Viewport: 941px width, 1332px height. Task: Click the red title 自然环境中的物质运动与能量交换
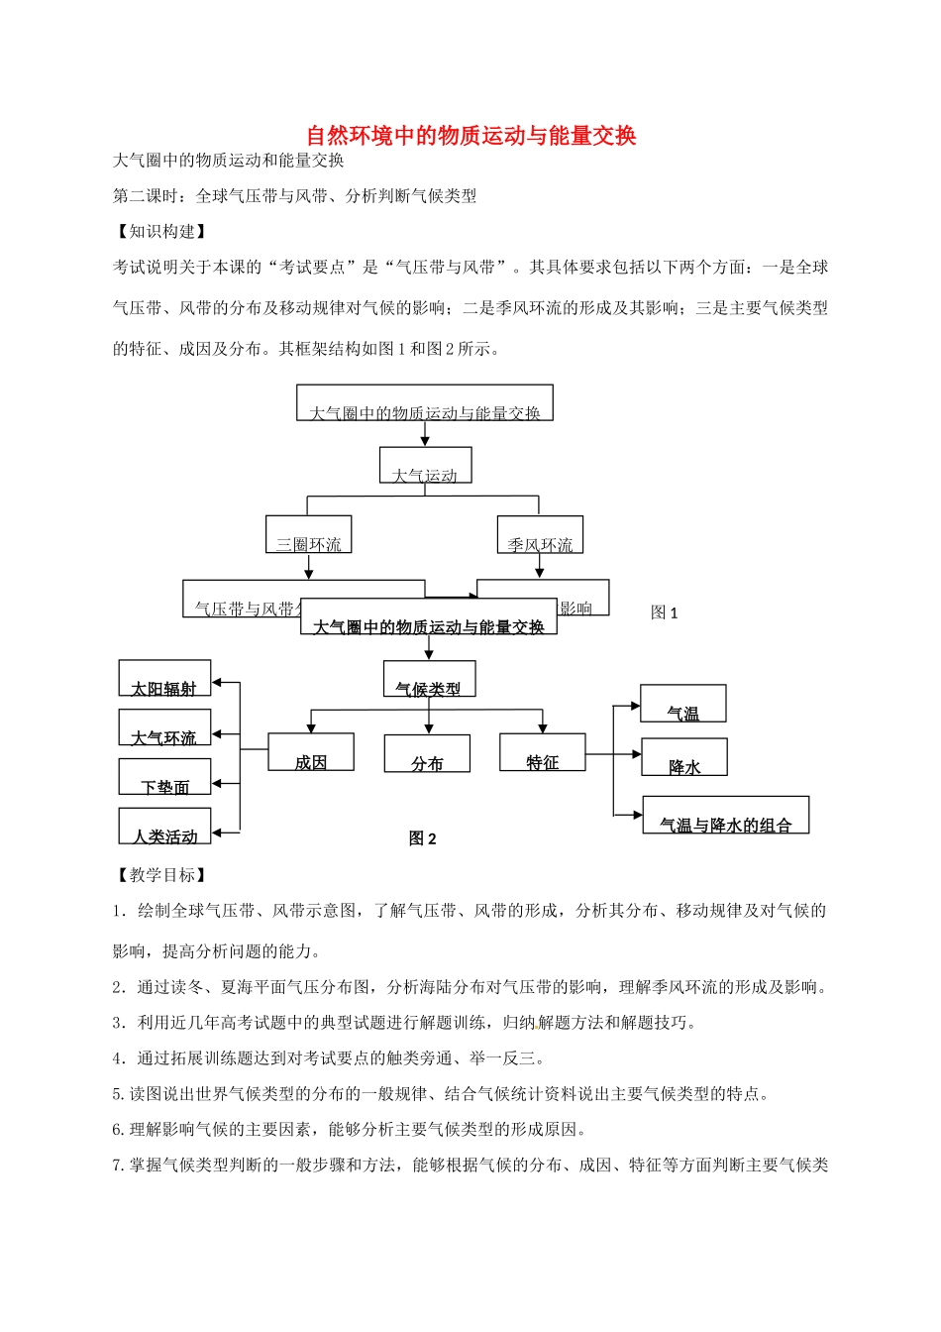point(470,136)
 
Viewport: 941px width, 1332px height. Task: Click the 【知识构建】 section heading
point(161,231)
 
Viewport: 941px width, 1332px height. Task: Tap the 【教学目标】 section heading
point(161,875)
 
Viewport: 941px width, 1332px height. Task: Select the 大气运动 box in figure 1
point(425,465)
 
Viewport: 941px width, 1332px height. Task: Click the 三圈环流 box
point(308,534)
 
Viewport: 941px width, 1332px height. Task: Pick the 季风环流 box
point(540,535)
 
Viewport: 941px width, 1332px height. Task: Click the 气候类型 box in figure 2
point(429,679)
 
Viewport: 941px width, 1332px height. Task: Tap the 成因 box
point(311,752)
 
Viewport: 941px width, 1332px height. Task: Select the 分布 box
point(427,753)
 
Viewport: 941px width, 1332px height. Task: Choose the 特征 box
point(542,752)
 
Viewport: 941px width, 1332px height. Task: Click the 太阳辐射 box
point(164,678)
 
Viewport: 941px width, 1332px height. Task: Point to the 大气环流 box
point(164,727)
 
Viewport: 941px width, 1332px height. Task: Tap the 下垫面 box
point(164,777)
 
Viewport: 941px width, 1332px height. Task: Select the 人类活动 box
point(164,827)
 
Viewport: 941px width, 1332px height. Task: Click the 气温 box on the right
point(683,704)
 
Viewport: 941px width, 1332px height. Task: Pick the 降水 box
point(684,757)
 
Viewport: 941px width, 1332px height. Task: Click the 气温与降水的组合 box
point(726,815)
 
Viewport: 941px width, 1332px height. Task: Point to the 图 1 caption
point(665,612)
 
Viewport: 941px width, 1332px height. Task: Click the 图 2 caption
point(423,838)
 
